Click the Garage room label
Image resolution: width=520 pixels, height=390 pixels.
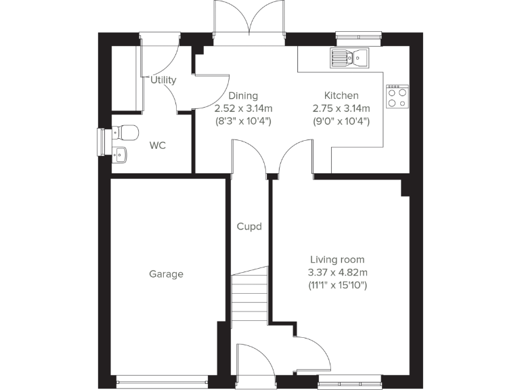(x=166, y=274)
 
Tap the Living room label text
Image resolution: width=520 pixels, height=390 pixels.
(x=337, y=259)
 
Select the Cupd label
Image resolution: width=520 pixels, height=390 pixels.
(x=248, y=227)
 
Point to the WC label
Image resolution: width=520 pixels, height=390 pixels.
(x=157, y=146)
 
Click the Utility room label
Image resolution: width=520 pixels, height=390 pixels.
(x=163, y=80)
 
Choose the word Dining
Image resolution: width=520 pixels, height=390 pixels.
(x=242, y=95)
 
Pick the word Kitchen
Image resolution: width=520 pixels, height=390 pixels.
(x=341, y=95)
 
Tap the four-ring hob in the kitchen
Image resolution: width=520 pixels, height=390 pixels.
(x=397, y=97)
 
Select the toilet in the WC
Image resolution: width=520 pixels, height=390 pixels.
(x=125, y=131)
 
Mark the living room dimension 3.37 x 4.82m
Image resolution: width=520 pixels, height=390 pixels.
(x=337, y=273)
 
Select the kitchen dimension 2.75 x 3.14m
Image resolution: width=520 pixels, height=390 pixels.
(x=341, y=108)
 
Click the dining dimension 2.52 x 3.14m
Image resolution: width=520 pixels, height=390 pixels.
(x=243, y=108)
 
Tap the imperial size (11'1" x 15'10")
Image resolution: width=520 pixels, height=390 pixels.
(x=337, y=286)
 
